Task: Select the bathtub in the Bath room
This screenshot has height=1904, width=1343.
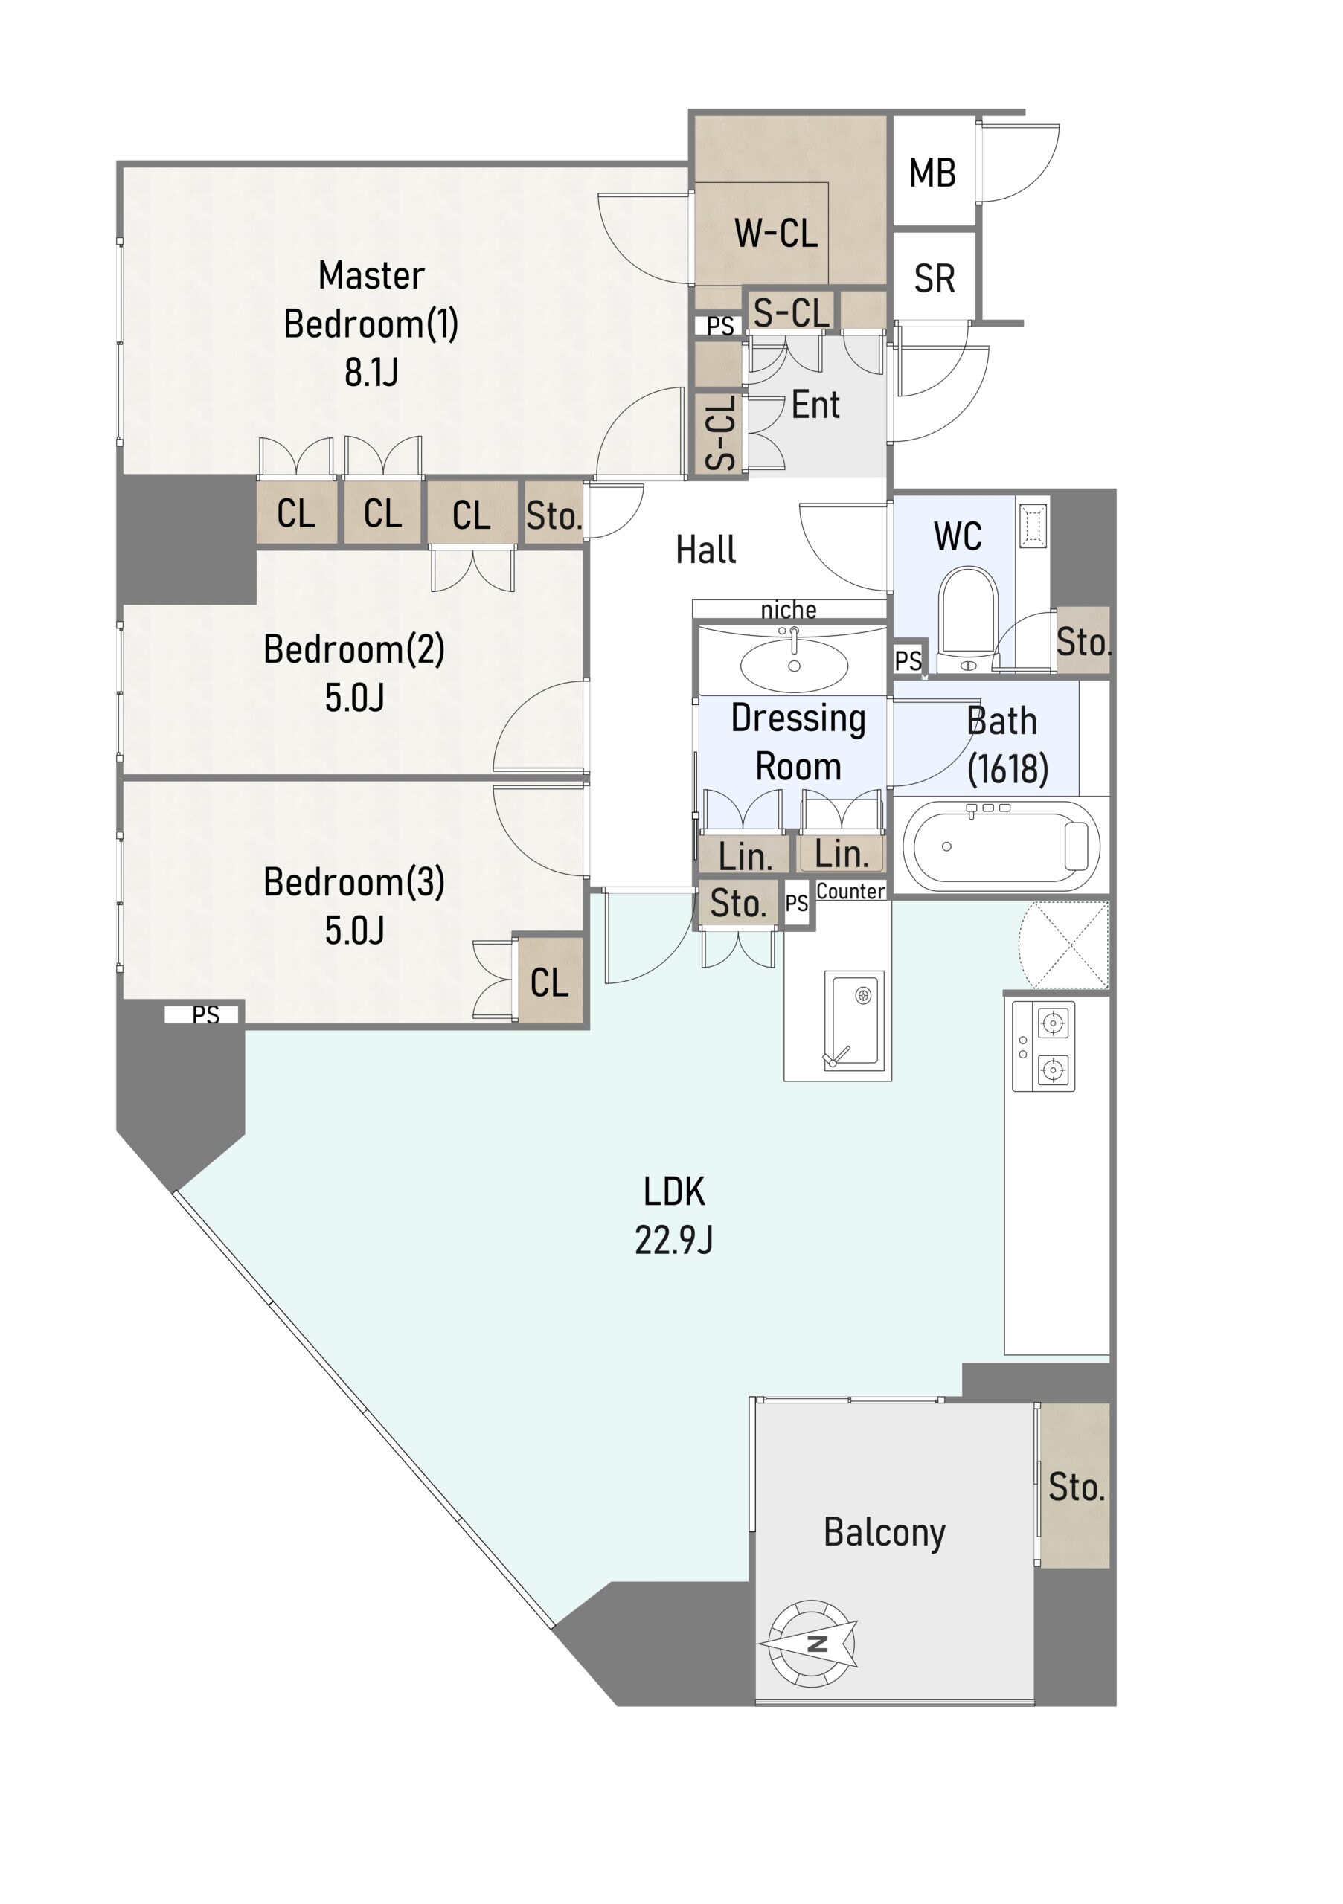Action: click(x=1001, y=846)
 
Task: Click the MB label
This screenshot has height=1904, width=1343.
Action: click(x=932, y=173)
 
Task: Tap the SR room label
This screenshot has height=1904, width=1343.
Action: click(x=934, y=279)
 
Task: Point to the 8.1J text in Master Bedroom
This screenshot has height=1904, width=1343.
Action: click(x=371, y=373)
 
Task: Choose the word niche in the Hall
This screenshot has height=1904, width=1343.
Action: click(x=788, y=611)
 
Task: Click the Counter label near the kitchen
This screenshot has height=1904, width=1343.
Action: click(x=850, y=892)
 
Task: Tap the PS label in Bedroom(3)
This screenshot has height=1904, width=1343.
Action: click(x=205, y=1015)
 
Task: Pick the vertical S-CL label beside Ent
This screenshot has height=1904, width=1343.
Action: click(x=720, y=432)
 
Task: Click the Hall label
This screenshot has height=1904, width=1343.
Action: click(x=705, y=550)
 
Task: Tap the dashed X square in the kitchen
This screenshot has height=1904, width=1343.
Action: click(x=1066, y=945)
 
